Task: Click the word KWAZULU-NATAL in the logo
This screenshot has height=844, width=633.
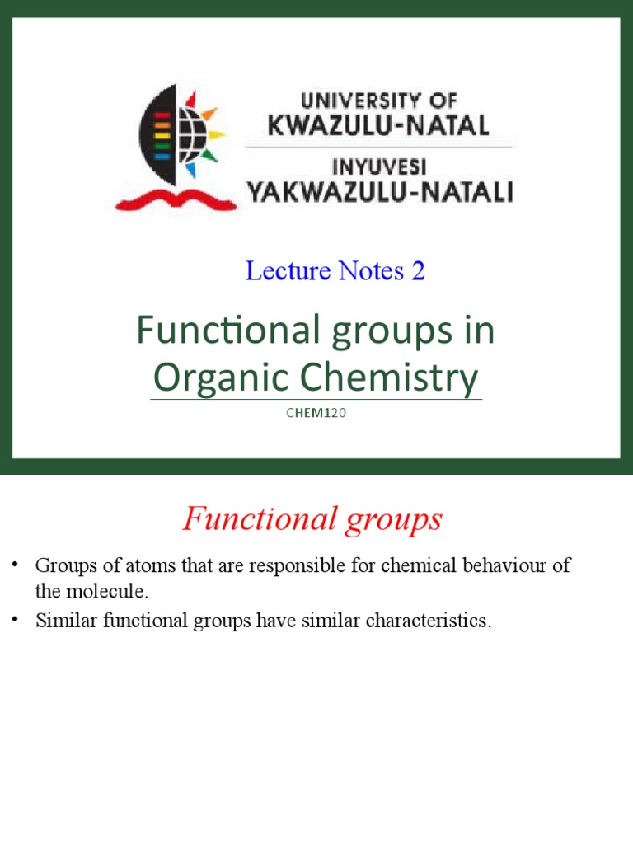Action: [378, 125]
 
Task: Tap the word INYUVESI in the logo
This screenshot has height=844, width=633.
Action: [379, 167]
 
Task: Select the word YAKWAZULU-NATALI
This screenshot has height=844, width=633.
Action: [380, 193]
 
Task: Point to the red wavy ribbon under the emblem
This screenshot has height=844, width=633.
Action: [164, 199]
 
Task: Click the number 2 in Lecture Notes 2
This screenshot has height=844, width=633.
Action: [418, 270]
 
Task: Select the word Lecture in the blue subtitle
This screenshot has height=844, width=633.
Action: [279, 270]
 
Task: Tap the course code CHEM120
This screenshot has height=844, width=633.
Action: [316, 413]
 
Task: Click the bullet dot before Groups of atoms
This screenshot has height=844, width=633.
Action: [14, 566]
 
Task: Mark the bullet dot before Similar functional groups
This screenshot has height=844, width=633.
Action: [14, 621]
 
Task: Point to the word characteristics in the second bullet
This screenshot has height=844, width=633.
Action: [426, 621]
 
